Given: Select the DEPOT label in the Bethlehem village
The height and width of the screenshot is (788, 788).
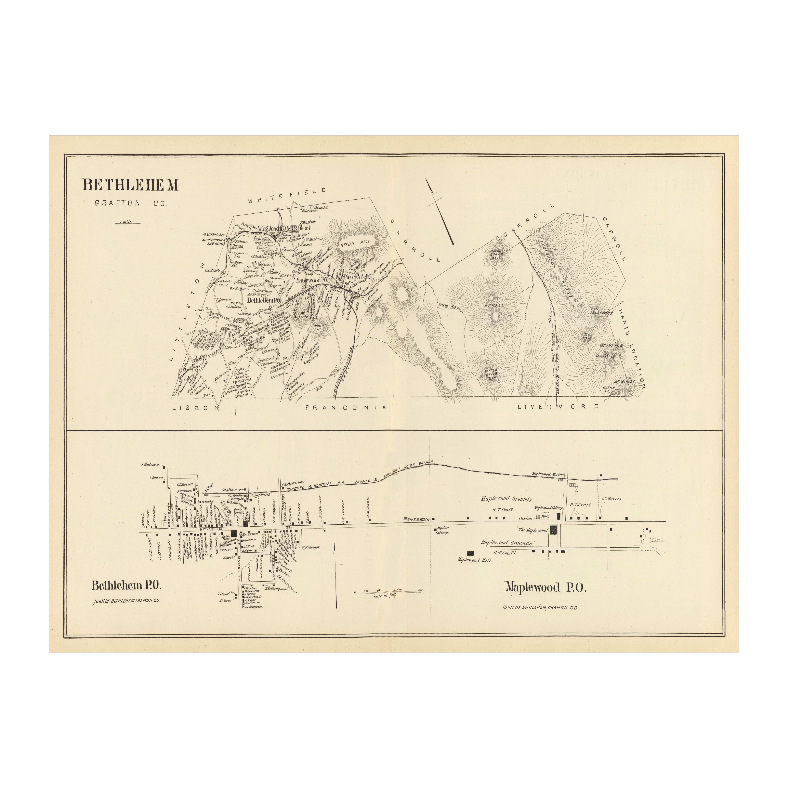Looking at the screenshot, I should coord(209,487).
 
